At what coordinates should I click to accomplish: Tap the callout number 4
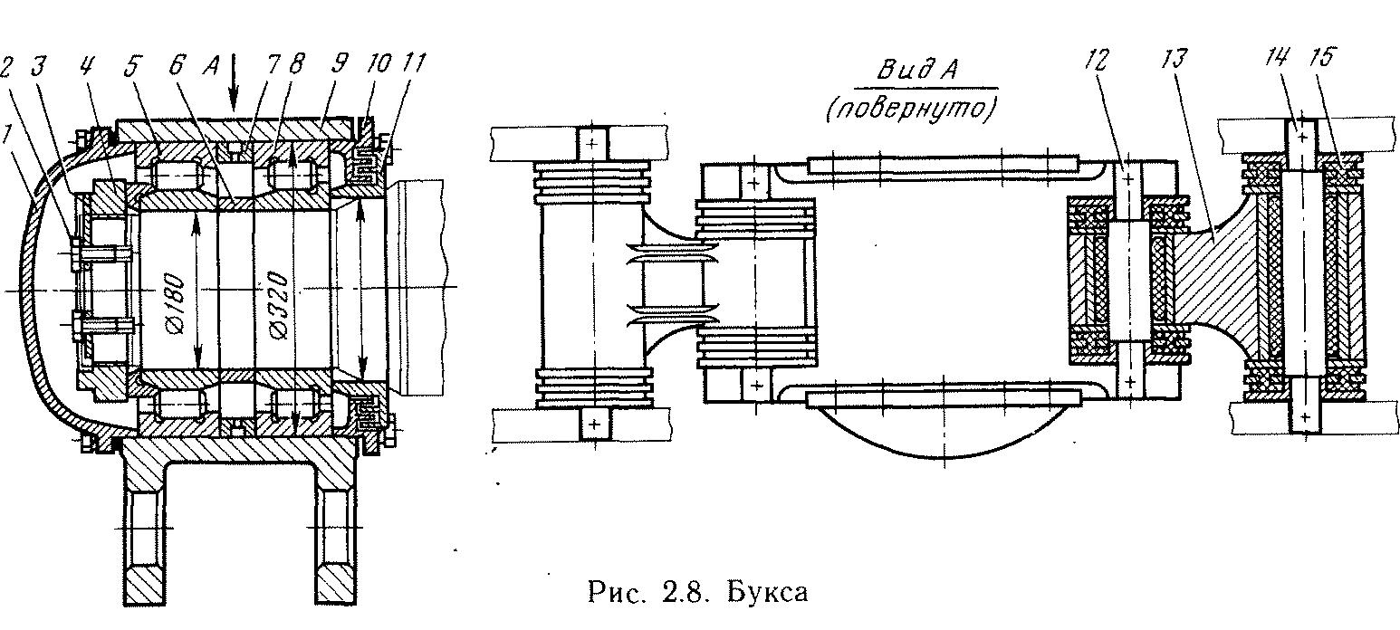point(86,65)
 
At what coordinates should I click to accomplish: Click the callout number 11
point(414,63)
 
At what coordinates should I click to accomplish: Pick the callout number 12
point(1097,61)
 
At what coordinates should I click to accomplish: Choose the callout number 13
point(1174,60)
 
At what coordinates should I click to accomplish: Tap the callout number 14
point(1276,58)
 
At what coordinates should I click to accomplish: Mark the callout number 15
point(1322,58)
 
